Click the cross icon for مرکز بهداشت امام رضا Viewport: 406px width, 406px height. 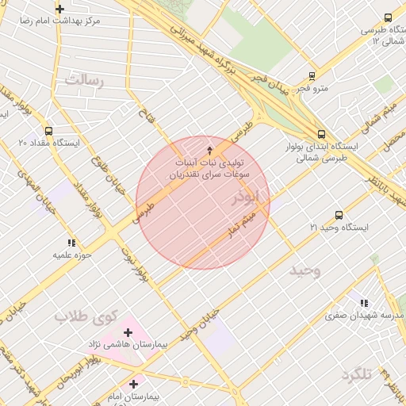click(59, 9)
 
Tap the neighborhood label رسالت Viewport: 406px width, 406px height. click(84, 80)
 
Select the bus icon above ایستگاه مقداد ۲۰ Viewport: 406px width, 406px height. click(49, 131)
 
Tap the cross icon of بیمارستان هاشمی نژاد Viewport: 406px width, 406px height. click(128, 332)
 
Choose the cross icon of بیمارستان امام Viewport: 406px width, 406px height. click(134, 384)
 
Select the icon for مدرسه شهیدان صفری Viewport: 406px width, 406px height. click(364, 302)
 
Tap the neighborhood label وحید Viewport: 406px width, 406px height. click(305, 270)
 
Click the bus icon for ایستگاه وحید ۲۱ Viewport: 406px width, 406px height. click(339, 215)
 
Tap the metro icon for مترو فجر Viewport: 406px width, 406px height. click(312, 77)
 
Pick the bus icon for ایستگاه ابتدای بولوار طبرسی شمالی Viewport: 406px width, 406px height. click(321, 135)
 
